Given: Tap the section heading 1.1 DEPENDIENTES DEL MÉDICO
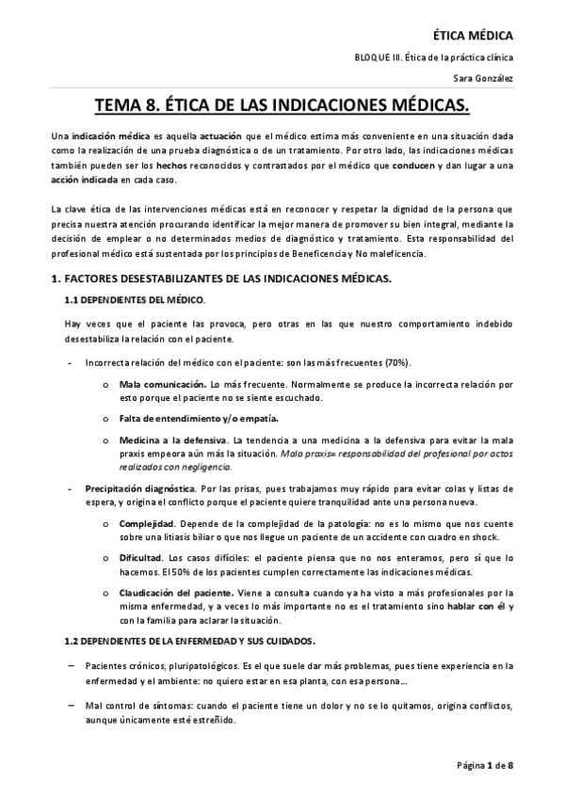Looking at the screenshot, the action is tap(134, 299).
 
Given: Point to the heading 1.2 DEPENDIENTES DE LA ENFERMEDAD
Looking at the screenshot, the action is tap(188, 641).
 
